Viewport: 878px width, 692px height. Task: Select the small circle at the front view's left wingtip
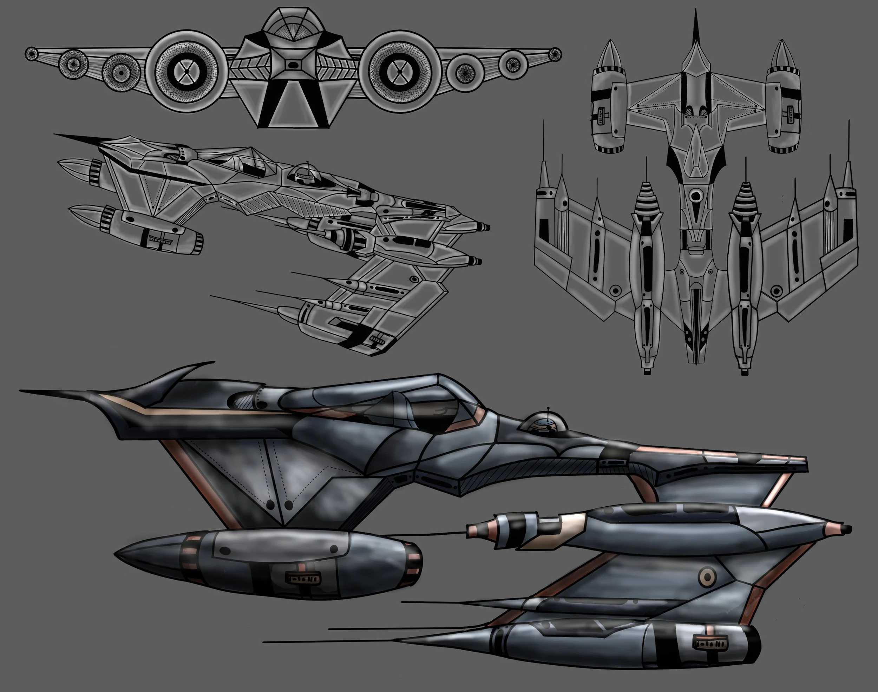pos(31,53)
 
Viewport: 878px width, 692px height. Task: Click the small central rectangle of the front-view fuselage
pos(293,65)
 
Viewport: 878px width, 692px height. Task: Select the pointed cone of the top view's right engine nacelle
pos(783,55)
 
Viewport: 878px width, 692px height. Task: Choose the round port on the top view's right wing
pos(776,290)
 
